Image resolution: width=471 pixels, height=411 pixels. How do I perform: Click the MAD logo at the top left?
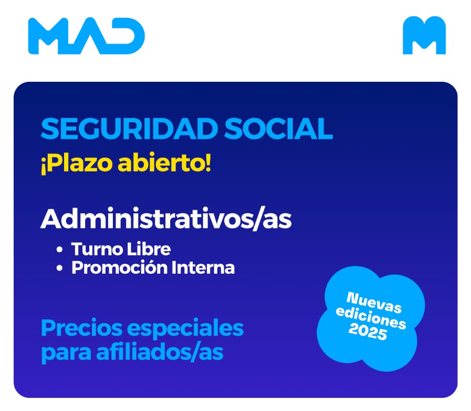pyautogui.click(x=87, y=36)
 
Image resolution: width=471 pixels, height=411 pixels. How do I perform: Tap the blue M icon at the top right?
pyautogui.click(x=424, y=36)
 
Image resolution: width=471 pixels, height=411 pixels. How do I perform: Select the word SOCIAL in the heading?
pyautogui.click(x=279, y=129)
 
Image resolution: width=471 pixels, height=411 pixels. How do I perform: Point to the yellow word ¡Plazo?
pyautogui.click(x=77, y=164)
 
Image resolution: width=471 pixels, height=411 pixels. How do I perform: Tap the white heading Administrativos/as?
pyautogui.click(x=166, y=219)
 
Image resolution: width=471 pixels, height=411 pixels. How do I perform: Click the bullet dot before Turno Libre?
pyautogui.click(x=59, y=250)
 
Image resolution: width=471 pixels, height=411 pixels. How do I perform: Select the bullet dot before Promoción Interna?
pyautogui.click(x=59, y=268)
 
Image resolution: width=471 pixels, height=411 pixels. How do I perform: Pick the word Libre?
pyautogui.click(x=149, y=248)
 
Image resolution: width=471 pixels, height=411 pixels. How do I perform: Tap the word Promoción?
pyautogui.click(x=120, y=267)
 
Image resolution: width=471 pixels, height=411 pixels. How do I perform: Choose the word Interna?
pyautogui.click(x=203, y=267)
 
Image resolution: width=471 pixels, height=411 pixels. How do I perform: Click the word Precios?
pyautogui.click(x=82, y=328)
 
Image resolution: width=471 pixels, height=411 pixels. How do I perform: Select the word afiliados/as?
pyautogui.click(x=160, y=352)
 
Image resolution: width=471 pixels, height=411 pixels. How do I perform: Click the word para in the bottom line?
pyautogui.click(x=66, y=353)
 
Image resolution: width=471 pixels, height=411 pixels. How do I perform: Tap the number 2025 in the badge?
pyautogui.click(x=368, y=332)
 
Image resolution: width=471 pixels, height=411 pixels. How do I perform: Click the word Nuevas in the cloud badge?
pyautogui.click(x=374, y=302)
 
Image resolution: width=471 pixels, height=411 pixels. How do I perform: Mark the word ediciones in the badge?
pyautogui.click(x=371, y=317)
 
